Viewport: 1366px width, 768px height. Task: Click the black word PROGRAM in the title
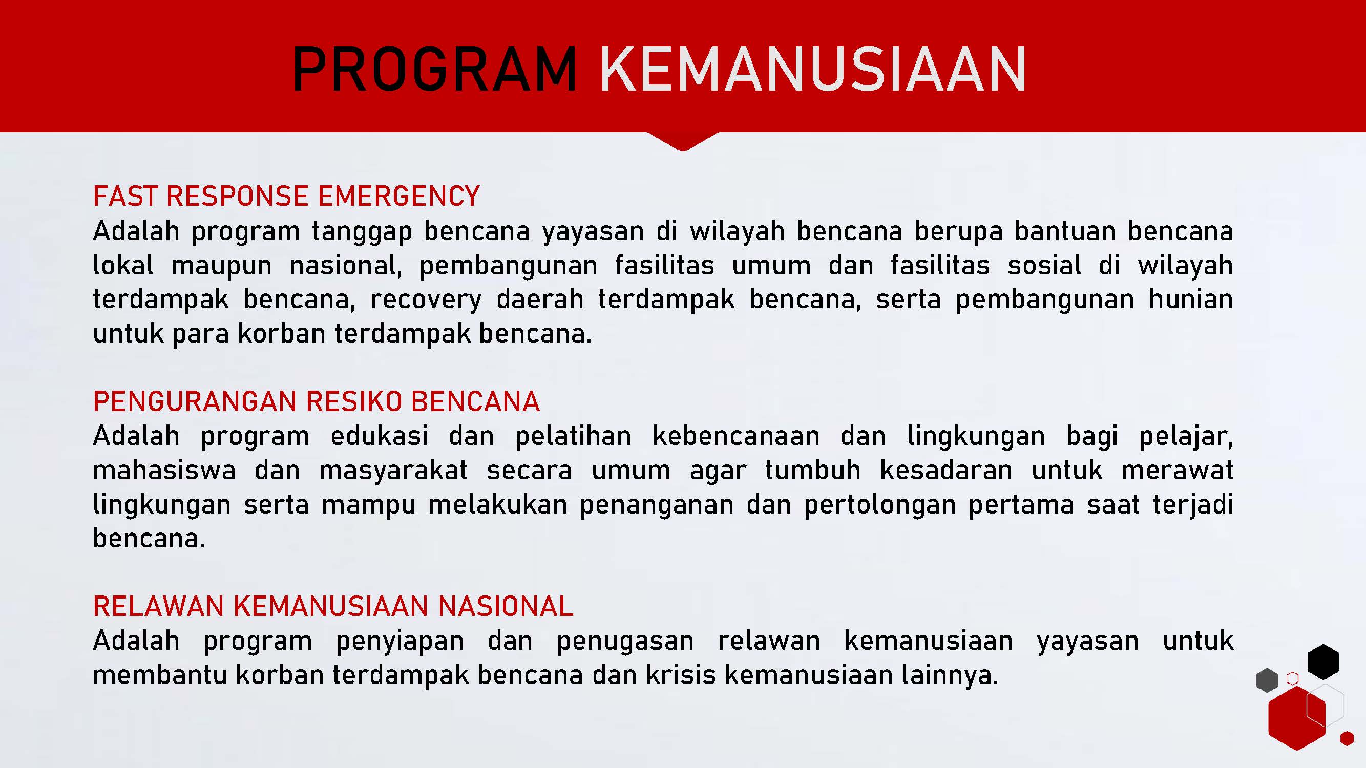coord(435,70)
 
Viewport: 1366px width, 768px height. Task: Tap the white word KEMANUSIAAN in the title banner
coord(813,70)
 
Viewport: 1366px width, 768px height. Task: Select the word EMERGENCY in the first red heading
coord(398,196)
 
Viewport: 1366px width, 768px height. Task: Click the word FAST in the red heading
coord(125,196)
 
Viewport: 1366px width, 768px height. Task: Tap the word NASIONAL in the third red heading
coord(506,606)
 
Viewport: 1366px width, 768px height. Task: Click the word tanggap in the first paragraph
coord(362,232)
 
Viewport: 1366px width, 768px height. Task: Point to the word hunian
coord(1190,299)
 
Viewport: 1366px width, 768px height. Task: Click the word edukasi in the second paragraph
coord(379,436)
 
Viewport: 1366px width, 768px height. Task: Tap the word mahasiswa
coord(164,470)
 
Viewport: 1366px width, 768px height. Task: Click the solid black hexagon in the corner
coord(1323,662)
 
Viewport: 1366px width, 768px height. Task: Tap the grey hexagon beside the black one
coord(1267,680)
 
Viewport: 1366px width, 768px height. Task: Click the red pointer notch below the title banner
coord(683,141)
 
